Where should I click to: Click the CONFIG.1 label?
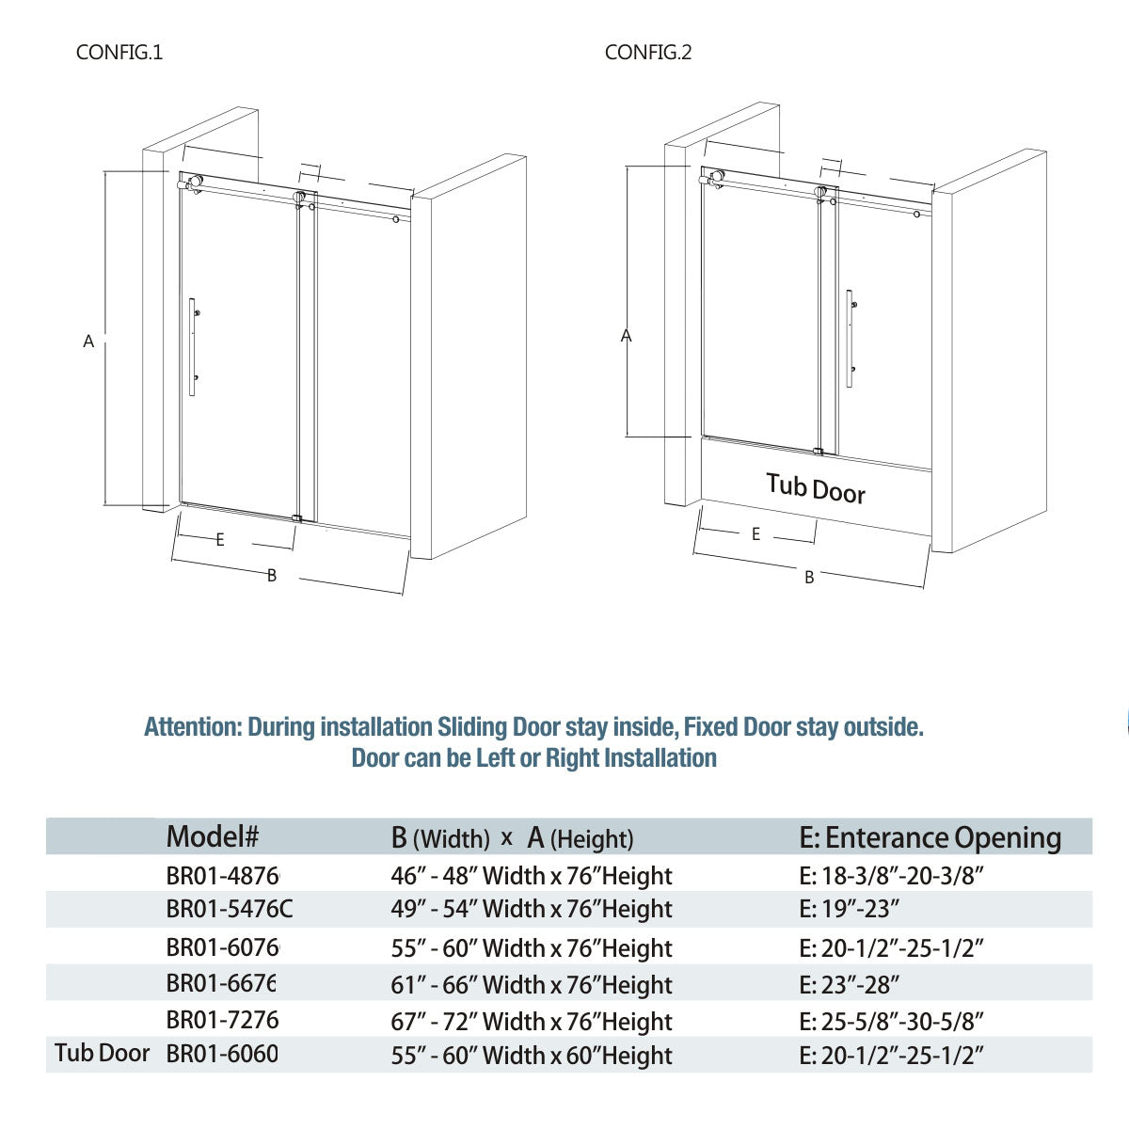[119, 53]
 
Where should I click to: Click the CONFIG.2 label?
[648, 53]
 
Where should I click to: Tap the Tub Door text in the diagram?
[815, 488]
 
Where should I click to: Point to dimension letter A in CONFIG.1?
[88, 342]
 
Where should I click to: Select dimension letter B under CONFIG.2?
[809, 578]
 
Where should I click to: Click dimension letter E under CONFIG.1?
[220, 540]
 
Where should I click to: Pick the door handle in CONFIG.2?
[850, 339]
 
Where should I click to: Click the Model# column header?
[212, 835]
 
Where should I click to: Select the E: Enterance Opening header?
[930, 837]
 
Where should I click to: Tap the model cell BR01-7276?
[222, 1020]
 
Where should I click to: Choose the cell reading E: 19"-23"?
[850, 910]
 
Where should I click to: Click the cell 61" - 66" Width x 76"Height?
[532, 985]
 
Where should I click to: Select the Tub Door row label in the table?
[102, 1053]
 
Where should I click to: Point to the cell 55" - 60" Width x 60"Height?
[532, 1056]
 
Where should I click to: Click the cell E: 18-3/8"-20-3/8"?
[891, 876]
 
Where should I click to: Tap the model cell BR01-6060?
[222, 1055]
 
